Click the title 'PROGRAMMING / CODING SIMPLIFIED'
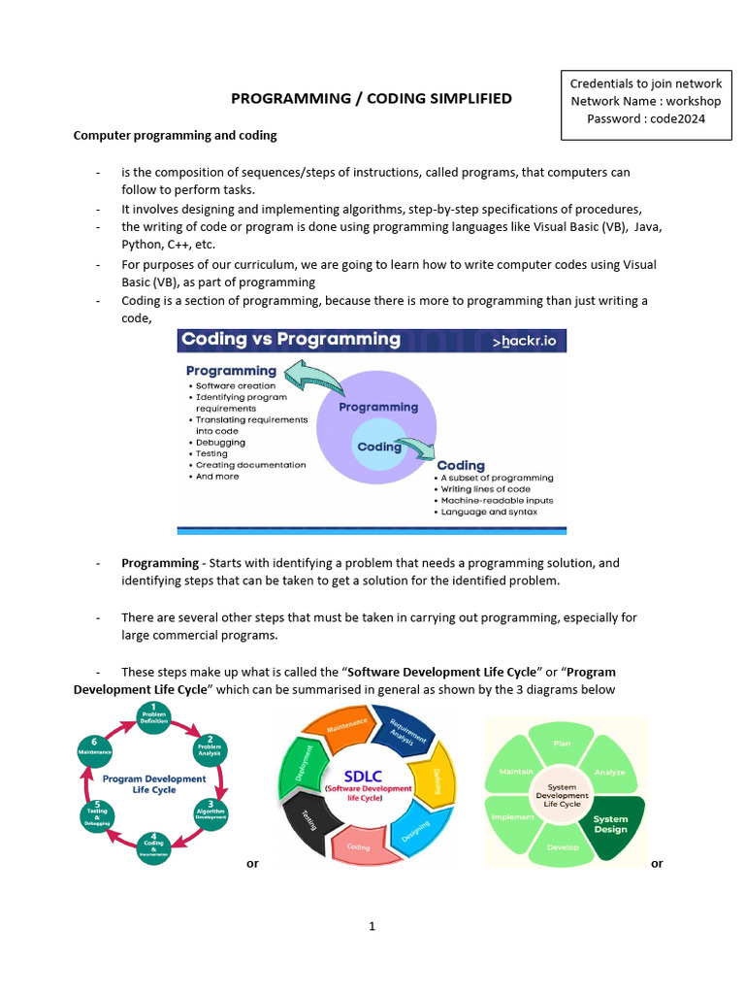tap(371, 99)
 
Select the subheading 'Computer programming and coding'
tap(175, 135)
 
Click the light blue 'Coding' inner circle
tap(379, 447)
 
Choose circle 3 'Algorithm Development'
tap(211, 812)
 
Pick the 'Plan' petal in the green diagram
tap(562, 744)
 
